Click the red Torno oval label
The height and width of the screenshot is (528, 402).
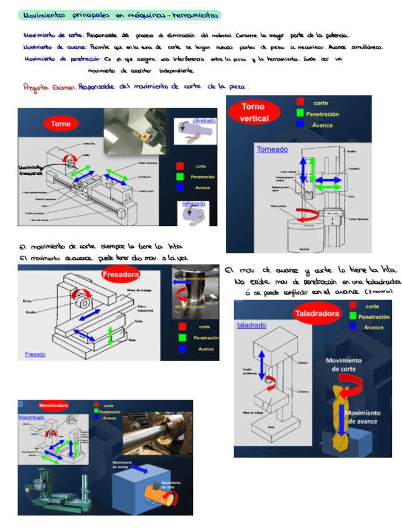click(x=61, y=124)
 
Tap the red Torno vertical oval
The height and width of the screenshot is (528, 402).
click(x=254, y=113)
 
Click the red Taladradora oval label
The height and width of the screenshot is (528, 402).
click(x=316, y=313)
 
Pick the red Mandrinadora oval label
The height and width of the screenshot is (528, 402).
click(x=54, y=405)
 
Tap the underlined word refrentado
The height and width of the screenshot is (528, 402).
click(x=194, y=204)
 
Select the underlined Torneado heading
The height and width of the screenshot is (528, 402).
click(x=272, y=149)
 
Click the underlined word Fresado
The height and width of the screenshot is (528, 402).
click(x=35, y=354)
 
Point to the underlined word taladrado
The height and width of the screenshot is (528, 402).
click(x=251, y=325)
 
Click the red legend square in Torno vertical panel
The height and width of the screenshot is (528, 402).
click(x=300, y=103)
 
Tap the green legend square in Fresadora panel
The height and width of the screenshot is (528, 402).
click(x=182, y=337)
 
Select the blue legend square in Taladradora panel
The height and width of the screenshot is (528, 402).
click(x=353, y=327)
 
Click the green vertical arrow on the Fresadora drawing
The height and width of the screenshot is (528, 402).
click(x=110, y=334)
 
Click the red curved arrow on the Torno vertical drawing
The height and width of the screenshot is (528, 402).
click(x=299, y=214)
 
